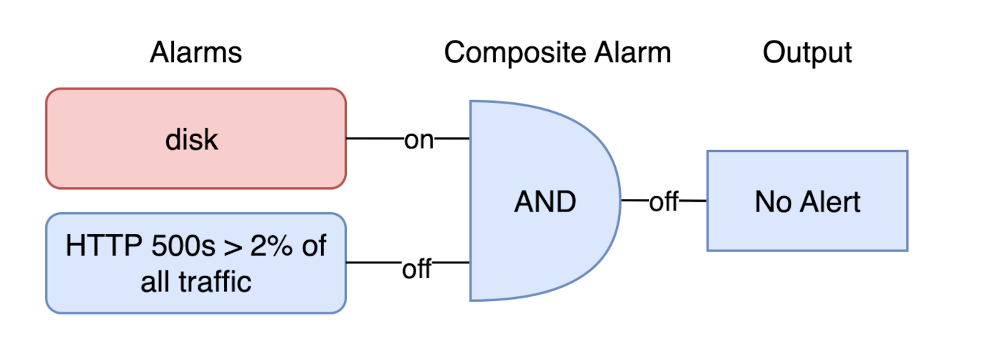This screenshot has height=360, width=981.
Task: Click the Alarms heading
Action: pos(195,53)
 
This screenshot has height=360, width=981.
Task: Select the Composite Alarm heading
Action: pos(557,53)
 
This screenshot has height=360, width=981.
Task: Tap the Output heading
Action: pos(807,53)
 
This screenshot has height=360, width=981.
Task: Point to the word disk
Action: pos(192,140)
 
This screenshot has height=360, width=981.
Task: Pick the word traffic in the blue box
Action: pos(214,282)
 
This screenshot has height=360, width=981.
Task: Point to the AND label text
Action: pos(545,202)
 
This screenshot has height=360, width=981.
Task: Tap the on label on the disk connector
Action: pos(419,140)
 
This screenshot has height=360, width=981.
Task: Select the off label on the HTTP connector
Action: pos(417,269)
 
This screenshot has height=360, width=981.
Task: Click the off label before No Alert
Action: pos(663,202)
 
